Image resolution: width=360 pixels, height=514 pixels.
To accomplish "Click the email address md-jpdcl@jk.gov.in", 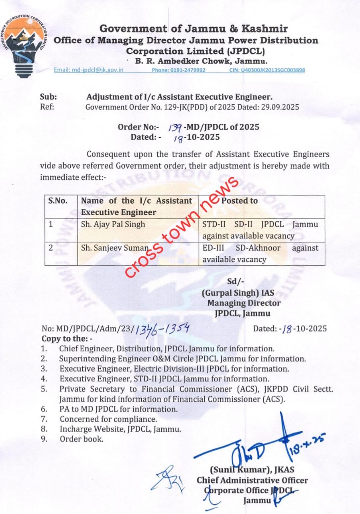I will [x=89, y=70].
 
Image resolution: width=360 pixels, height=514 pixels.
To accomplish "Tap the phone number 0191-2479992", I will [x=179, y=70].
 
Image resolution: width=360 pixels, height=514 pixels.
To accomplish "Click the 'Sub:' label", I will [x=48, y=97].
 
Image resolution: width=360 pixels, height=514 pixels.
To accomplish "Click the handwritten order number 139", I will [x=175, y=127].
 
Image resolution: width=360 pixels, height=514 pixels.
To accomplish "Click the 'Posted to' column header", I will [x=240, y=201].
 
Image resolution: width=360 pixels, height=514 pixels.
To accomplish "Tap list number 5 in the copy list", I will [x=44, y=389].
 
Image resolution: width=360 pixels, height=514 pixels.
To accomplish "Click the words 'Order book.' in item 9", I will [x=81, y=439].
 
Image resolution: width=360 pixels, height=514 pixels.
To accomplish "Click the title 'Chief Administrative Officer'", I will [x=252, y=480].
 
